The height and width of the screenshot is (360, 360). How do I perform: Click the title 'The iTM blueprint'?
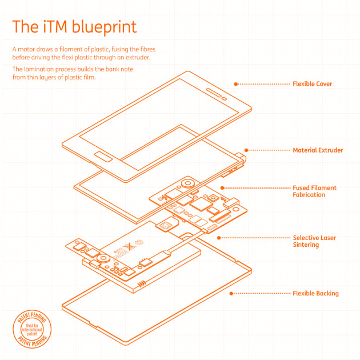(75, 27)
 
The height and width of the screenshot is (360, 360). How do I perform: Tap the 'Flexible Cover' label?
(312, 84)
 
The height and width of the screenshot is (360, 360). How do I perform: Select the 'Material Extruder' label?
(318, 150)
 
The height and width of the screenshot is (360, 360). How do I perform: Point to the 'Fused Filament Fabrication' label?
(314, 191)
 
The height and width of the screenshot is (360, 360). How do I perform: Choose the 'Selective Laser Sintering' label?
(314, 241)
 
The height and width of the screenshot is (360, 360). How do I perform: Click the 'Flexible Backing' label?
(315, 293)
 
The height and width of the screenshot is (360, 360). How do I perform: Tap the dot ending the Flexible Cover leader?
(236, 84)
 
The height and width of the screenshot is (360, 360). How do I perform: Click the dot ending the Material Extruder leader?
(246, 150)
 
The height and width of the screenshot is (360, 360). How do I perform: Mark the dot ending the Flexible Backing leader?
(231, 293)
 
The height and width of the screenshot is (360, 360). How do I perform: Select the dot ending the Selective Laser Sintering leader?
(219, 238)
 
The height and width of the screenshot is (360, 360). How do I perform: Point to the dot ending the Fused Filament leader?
(222, 188)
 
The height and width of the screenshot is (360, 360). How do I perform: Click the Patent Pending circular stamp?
(32, 329)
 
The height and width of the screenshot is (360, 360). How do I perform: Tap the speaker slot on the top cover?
(214, 93)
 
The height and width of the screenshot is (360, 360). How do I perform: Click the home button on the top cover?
(103, 157)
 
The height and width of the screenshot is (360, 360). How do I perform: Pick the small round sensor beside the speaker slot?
(225, 99)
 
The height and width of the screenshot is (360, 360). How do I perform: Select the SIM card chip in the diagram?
(167, 225)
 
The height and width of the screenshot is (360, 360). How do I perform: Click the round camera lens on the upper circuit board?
(188, 183)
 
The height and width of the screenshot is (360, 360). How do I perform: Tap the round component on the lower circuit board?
(103, 258)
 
